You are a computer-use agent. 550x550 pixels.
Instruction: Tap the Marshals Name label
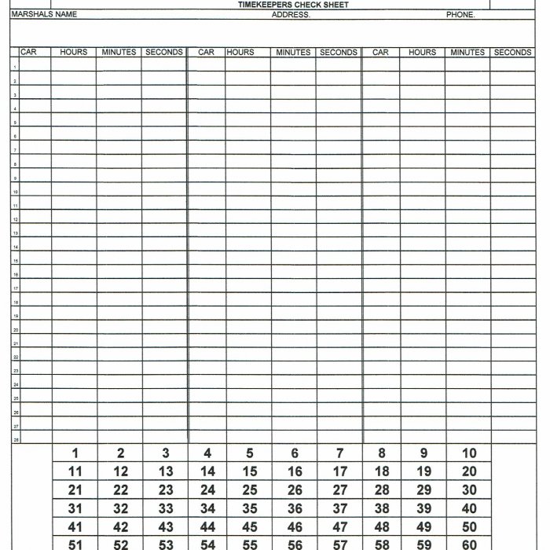43,14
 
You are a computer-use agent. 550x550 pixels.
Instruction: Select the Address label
291,14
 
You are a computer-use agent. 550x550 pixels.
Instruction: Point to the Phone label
460,14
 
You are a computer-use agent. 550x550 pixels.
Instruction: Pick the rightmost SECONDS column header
512,53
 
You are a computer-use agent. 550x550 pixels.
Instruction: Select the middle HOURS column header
240,53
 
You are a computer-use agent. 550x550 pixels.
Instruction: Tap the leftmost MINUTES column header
119,53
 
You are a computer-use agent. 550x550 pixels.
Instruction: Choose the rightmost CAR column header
381,53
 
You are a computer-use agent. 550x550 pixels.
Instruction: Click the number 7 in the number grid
339,453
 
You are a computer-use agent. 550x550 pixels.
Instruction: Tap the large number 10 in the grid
469,453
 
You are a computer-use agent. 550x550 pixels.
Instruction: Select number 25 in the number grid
249,490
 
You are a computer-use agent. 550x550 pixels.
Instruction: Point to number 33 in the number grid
165,509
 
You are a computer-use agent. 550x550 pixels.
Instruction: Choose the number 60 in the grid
469,544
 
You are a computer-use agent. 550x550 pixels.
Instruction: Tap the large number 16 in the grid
295,472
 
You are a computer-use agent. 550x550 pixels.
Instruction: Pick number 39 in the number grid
423,509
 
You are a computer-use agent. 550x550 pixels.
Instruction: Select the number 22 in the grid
120,490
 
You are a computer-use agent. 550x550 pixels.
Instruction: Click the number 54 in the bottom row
207,544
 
